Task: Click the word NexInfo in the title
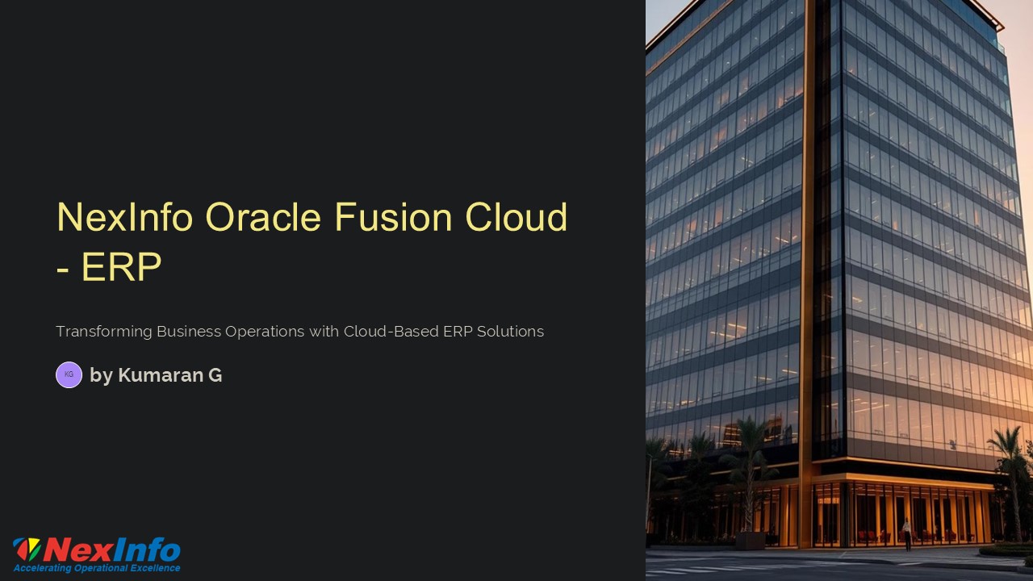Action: (124, 217)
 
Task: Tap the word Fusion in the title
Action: (393, 217)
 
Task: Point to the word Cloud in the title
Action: (516, 217)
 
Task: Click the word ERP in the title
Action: (122, 266)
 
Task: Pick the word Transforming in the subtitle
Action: (104, 332)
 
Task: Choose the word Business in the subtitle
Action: (189, 332)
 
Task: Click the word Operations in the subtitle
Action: (265, 332)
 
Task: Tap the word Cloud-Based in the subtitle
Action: (391, 332)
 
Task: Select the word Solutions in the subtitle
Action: (511, 332)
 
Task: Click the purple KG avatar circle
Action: (69, 374)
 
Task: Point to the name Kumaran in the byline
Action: (161, 375)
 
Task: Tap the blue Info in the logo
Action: (146, 550)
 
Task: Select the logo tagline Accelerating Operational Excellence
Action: (97, 567)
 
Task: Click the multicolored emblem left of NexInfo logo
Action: (27, 550)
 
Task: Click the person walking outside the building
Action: (906, 534)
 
